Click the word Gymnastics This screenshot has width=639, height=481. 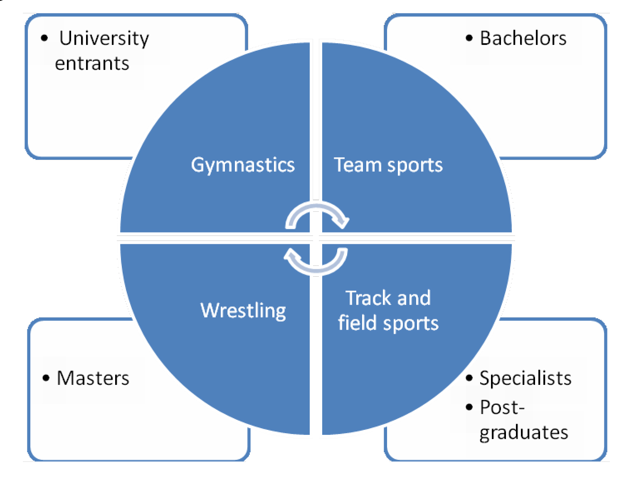pyautogui.click(x=243, y=165)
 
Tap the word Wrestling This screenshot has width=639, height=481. pyautogui.click(x=243, y=311)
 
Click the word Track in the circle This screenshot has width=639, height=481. pyautogui.click(x=365, y=298)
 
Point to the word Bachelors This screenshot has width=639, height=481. pyautogui.click(x=523, y=38)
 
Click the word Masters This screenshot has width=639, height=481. pyautogui.click(x=93, y=378)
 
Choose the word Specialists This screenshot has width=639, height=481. pyautogui.click(x=526, y=378)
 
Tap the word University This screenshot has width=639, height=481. pyautogui.click(x=104, y=39)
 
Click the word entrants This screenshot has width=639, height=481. pyautogui.click(x=92, y=64)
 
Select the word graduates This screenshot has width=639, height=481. pyautogui.click(x=524, y=433)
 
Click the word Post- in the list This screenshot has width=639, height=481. pyautogui.click(x=502, y=407)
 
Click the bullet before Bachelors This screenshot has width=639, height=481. pyautogui.click(x=469, y=38)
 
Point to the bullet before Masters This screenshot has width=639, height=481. pyautogui.click(x=46, y=378)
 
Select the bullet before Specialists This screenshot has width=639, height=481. pyautogui.click(x=469, y=378)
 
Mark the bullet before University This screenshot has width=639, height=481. pyautogui.click(x=44, y=39)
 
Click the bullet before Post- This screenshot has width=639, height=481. pyautogui.click(x=469, y=407)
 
